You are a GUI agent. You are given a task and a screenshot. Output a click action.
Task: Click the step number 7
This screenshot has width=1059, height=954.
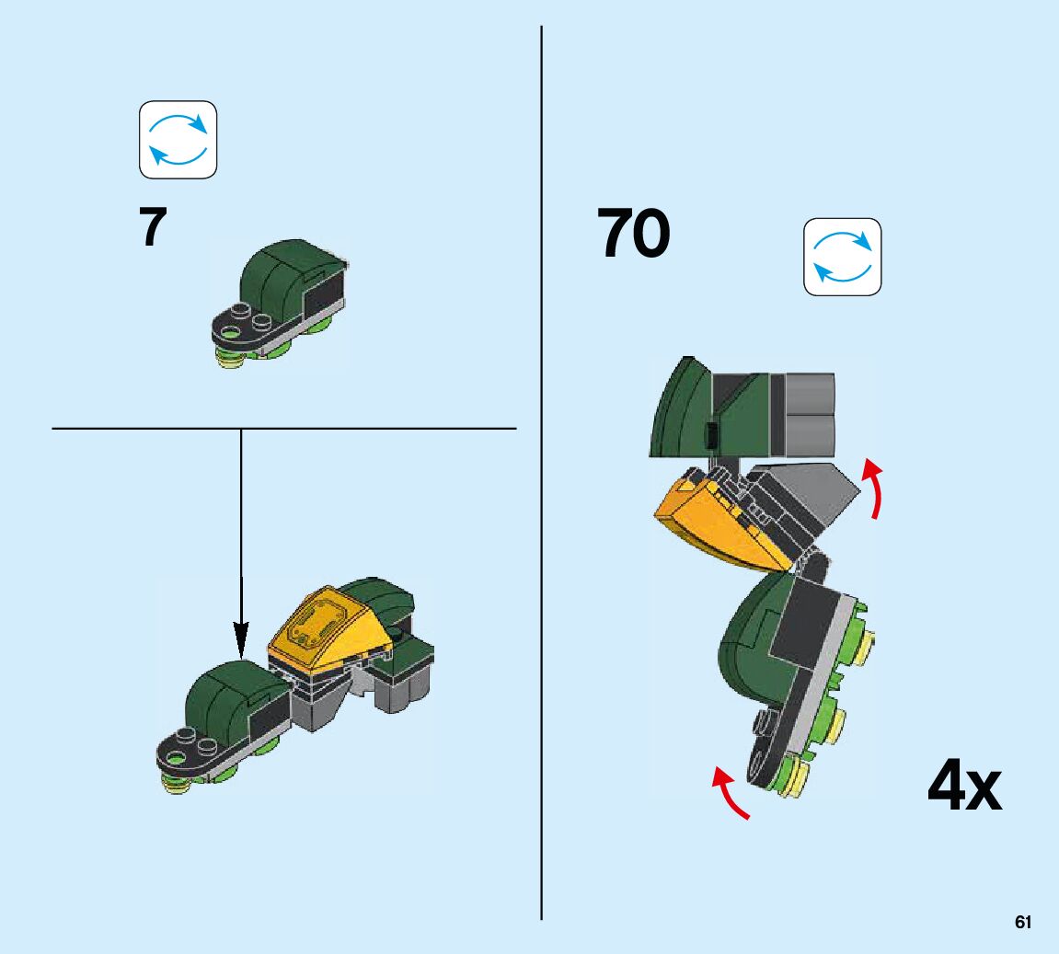[153, 230]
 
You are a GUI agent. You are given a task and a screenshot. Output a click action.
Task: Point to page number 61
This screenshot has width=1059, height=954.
[1022, 923]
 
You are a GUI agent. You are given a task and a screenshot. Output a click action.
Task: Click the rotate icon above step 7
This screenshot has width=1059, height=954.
[178, 140]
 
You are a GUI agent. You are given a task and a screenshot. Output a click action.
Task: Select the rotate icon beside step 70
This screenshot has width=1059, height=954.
[842, 257]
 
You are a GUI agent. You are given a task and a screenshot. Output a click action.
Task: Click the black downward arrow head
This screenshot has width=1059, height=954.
[241, 638]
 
